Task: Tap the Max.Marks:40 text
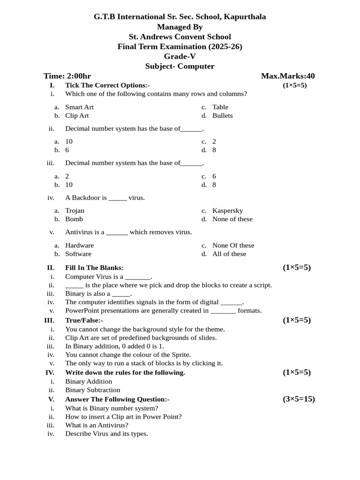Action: coord(288,76)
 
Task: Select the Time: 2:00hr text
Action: coord(67,76)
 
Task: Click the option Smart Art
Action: coord(79,107)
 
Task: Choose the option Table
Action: coord(220,107)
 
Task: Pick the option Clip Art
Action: coord(77,115)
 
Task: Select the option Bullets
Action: coord(222,115)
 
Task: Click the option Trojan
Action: coord(75,210)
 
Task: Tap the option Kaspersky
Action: coord(227,210)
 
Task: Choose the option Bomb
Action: coord(74,219)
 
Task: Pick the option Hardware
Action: coord(79,245)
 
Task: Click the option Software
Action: coord(78,254)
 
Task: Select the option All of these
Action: coord(229,254)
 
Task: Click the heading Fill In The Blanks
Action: coord(94,268)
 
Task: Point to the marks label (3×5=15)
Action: coord(299,399)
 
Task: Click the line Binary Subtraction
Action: coord(92,390)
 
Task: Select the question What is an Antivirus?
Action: coord(97,425)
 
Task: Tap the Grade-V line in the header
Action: coord(180,56)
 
